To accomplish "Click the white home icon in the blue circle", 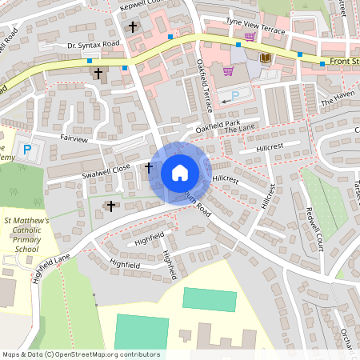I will (x=180, y=172).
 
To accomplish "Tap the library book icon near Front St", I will (x=266, y=58).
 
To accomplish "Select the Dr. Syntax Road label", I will (x=93, y=45).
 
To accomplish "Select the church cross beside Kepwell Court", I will (x=133, y=26).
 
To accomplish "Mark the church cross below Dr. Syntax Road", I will (x=99, y=73).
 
